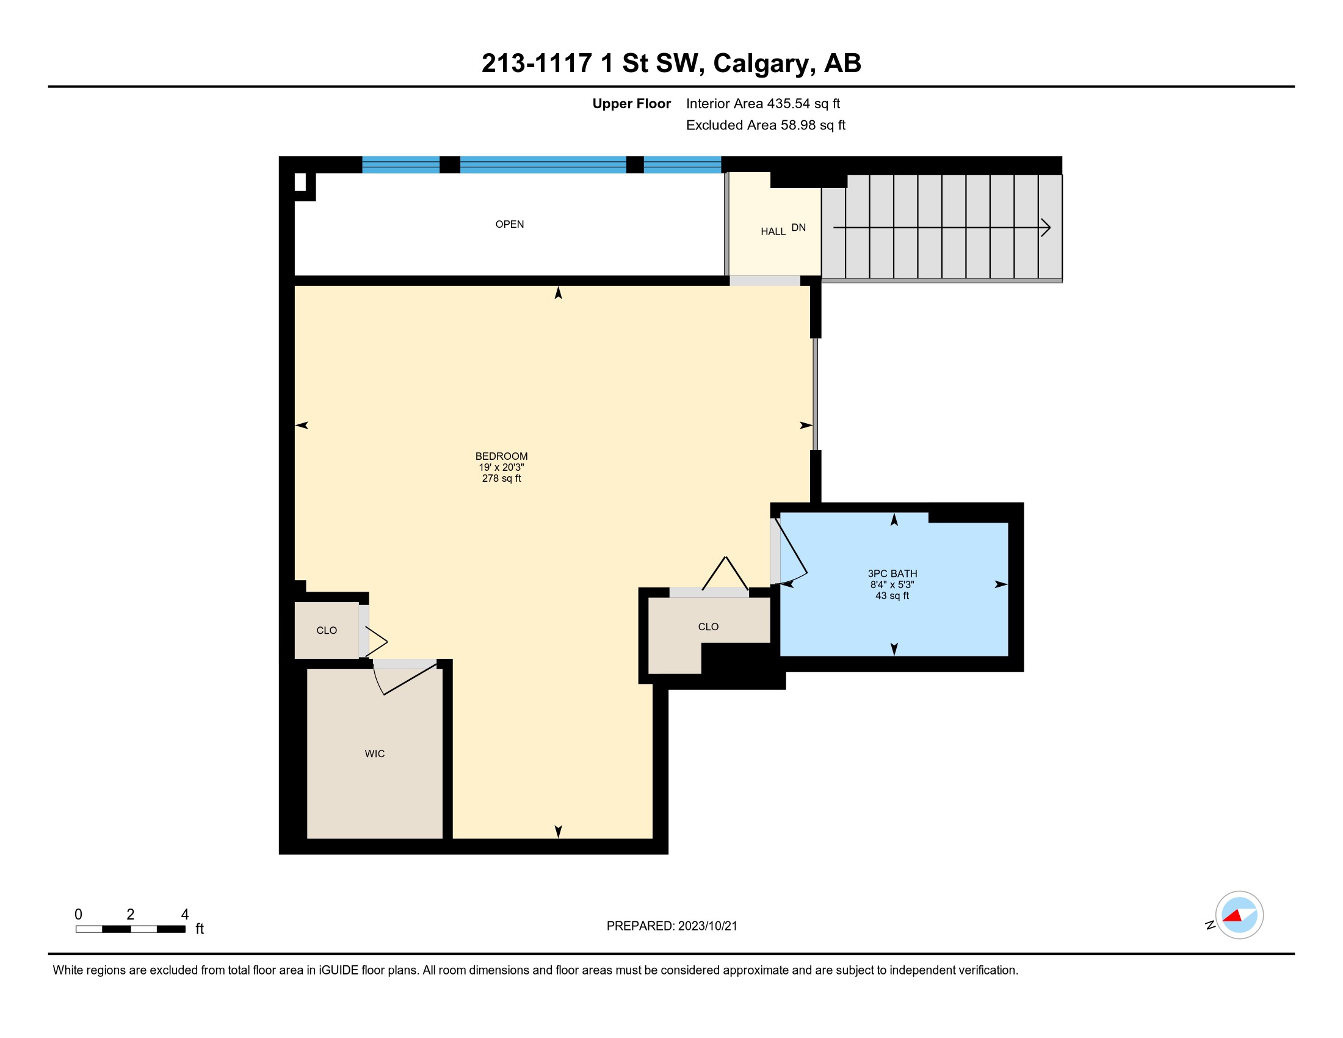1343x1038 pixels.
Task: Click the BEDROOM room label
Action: point(501,456)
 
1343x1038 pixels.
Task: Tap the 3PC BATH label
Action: point(892,574)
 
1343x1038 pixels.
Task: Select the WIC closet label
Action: point(374,754)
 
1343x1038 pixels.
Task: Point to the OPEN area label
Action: point(510,225)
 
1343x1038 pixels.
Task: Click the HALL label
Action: point(773,232)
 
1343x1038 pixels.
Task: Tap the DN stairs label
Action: point(798,228)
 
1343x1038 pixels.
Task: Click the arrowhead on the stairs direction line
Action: point(1046,228)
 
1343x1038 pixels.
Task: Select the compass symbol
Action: point(1239,915)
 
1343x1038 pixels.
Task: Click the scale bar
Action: point(131,929)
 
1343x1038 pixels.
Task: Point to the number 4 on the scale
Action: point(184,915)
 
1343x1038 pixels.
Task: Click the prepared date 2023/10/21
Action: point(707,926)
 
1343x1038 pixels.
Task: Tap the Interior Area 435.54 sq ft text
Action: point(762,104)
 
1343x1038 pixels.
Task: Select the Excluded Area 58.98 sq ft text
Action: point(766,125)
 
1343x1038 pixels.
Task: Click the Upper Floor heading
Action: point(632,104)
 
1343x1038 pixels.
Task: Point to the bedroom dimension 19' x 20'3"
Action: point(501,467)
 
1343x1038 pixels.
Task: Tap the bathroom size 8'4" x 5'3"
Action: point(892,585)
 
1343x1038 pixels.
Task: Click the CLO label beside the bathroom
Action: point(708,626)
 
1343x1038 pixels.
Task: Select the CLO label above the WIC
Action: point(327,630)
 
